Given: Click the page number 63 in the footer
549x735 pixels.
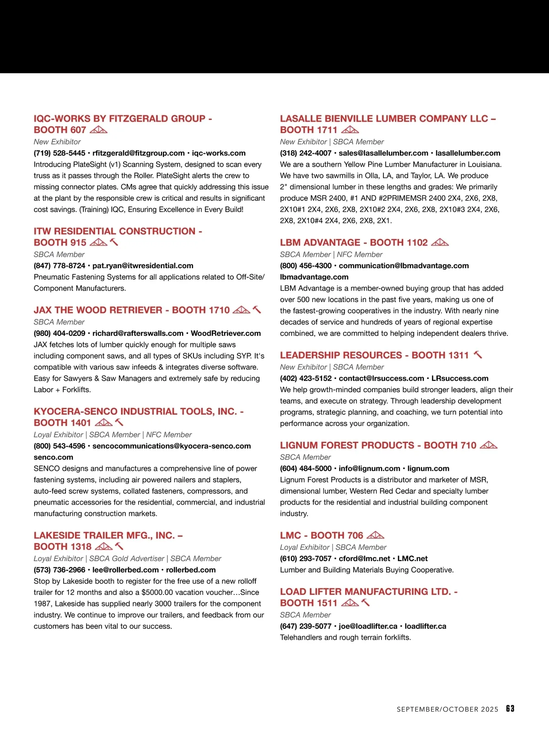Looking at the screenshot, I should point(510,708).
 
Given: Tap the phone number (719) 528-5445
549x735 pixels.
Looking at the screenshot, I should point(59,153).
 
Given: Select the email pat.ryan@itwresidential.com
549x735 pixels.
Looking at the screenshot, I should point(143,265).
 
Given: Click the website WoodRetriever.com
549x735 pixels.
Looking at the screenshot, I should point(226,333).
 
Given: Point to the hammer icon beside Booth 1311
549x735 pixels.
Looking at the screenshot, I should point(478,355).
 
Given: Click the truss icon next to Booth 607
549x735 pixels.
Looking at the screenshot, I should point(98,130).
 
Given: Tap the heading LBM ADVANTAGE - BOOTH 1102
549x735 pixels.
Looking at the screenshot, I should point(354,243).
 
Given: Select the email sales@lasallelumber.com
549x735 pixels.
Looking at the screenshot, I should point(383,153).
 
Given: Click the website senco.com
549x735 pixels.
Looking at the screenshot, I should point(53,457).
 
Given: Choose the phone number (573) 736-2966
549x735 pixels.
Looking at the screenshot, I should point(59,570).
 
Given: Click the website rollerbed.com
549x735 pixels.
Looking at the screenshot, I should point(191,570).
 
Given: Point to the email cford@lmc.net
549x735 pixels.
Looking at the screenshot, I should point(364,558).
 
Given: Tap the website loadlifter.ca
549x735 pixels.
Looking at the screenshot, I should point(425,626).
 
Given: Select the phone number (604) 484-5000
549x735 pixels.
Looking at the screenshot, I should point(306,468).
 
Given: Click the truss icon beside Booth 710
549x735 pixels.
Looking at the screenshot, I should point(489,445).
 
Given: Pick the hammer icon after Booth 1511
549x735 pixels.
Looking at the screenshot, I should point(366,603).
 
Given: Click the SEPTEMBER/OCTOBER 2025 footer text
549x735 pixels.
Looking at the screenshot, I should point(447,709).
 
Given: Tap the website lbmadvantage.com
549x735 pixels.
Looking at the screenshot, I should point(314,277).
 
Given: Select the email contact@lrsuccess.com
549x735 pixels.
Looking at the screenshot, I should point(381,378).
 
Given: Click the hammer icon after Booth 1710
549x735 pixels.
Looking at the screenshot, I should point(257,310).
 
